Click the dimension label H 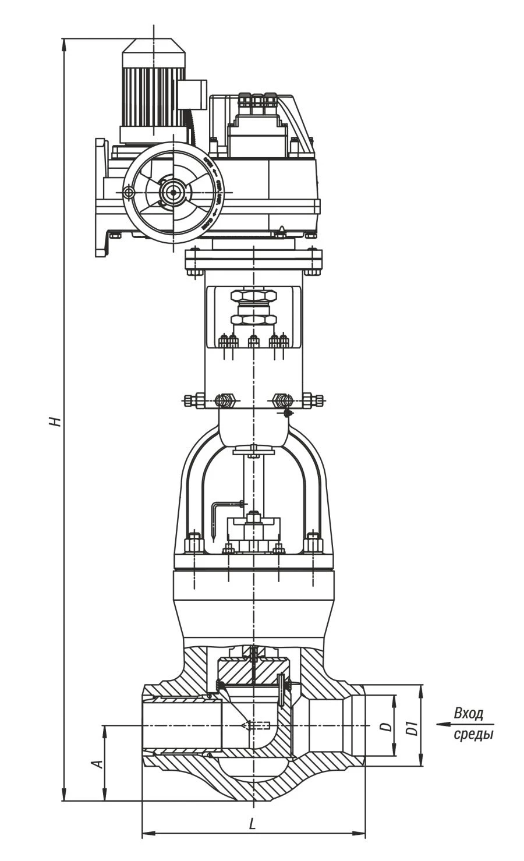(55, 420)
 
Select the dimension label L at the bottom (252, 824)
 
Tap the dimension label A (99, 763)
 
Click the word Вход (469, 714)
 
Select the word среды (473, 734)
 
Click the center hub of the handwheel (172, 192)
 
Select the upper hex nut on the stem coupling (253, 295)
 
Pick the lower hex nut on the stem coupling (253, 320)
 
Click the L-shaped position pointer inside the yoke (220, 512)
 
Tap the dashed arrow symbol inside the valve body (256, 725)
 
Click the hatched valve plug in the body (254, 672)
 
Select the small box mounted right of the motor (192, 94)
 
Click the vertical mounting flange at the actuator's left (100, 197)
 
